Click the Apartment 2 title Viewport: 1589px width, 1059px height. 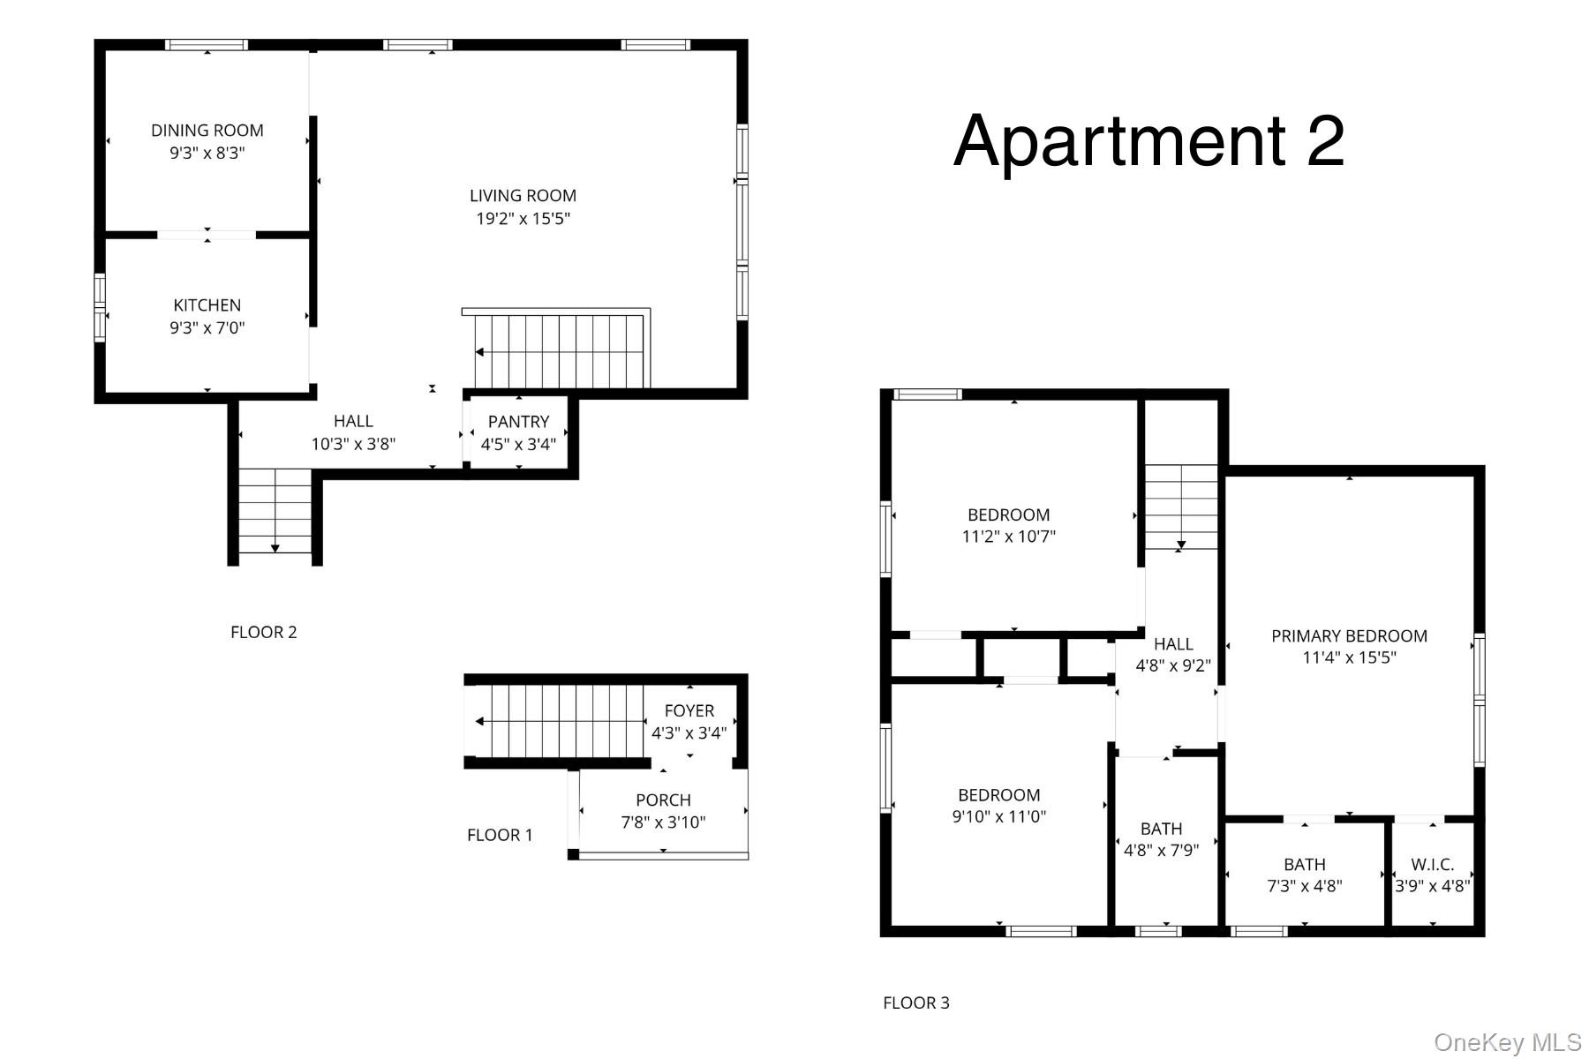[1148, 140]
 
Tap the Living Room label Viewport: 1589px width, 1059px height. [523, 196]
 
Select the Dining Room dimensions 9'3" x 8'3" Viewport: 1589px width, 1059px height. [207, 153]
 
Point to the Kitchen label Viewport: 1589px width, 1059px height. [207, 305]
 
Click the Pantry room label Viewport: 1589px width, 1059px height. [518, 422]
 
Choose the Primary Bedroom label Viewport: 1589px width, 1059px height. [1349, 635]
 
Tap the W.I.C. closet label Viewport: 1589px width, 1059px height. [1432, 865]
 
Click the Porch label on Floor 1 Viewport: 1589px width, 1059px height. [663, 800]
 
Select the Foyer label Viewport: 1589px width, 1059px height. [689, 710]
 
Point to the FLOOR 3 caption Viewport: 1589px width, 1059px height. [916, 1003]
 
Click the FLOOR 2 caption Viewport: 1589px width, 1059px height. [264, 632]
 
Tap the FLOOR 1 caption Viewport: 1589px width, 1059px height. [500, 835]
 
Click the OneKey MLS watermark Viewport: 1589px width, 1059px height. [1508, 1042]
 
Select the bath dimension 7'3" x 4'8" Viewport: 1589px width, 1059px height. [1305, 886]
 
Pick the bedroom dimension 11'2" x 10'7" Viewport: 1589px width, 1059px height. [1008, 537]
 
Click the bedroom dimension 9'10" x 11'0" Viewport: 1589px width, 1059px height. [998, 816]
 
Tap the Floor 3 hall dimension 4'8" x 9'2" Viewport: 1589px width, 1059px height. [1173, 665]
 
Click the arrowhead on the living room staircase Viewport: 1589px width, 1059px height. [479, 353]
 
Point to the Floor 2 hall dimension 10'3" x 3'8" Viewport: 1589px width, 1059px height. [353, 444]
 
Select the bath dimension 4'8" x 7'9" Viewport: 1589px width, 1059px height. [1161, 851]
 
